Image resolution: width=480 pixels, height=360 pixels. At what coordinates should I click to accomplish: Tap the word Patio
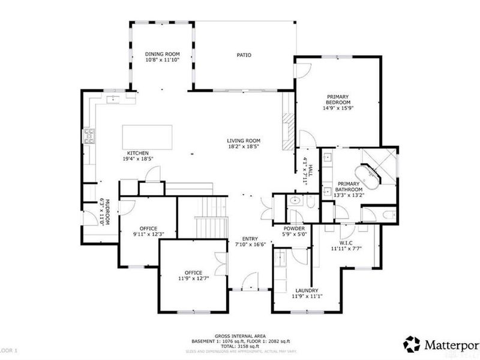click(x=244, y=55)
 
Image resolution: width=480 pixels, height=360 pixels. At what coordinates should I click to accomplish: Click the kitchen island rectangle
click(x=148, y=137)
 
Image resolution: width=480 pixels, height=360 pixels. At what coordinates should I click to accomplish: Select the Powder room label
click(x=295, y=229)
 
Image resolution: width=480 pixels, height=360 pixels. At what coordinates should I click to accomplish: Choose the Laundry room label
click(x=305, y=290)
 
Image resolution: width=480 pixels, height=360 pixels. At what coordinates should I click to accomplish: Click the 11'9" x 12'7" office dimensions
click(x=193, y=278)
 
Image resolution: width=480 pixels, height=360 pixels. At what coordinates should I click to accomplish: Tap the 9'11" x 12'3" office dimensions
click(x=148, y=234)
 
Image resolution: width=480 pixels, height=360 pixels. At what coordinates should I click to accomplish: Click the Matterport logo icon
click(x=411, y=344)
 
